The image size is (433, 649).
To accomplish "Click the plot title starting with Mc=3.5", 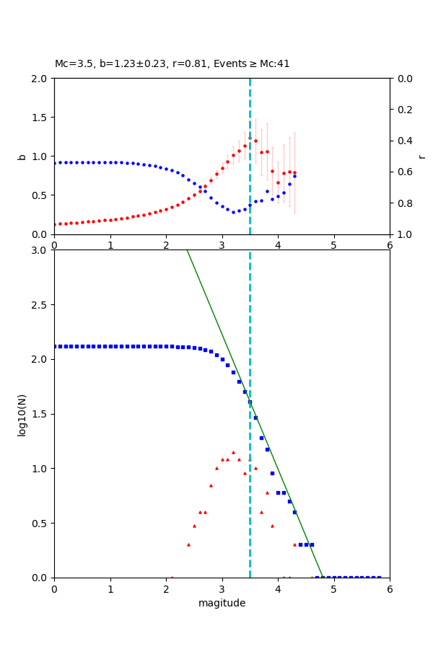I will click(x=172, y=63).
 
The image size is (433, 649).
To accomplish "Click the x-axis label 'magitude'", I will click(x=222, y=603).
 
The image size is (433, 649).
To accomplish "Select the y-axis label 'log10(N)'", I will click(x=22, y=414).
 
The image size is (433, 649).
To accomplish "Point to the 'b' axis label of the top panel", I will click(x=22, y=156).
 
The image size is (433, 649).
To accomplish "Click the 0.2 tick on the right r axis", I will click(x=404, y=110).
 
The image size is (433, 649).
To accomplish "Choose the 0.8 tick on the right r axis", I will click(x=404, y=203).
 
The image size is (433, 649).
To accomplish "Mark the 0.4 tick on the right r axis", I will click(x=404, y=141).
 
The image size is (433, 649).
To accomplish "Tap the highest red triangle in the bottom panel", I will click(x=233, y=452).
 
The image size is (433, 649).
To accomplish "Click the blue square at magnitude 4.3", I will click(x=294, y=512).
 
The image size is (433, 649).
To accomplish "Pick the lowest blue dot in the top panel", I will click(x=233, y=212).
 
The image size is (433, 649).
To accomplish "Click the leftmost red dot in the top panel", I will click(x=54, y=224).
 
